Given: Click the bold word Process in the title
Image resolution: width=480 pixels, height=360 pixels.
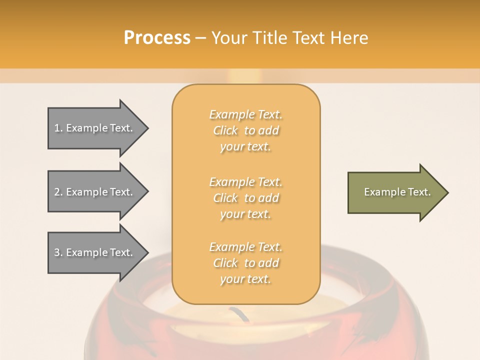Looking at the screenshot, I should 157,38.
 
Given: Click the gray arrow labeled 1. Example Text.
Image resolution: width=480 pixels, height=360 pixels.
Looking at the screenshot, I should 95,128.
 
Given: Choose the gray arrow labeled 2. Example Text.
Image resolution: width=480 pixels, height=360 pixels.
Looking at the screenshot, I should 95,192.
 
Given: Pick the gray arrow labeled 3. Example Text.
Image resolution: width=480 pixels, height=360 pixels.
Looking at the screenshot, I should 95,252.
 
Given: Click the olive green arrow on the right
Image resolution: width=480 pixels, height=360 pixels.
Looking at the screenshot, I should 395,192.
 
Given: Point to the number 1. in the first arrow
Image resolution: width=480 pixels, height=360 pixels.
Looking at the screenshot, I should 58,128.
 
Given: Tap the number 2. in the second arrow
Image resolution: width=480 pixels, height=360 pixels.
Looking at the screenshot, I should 58,192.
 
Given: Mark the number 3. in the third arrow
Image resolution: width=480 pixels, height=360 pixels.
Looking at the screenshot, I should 58,252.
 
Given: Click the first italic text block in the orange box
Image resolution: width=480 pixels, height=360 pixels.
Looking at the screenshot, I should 246,130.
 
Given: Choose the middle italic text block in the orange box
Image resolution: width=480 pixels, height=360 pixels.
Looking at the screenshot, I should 246,198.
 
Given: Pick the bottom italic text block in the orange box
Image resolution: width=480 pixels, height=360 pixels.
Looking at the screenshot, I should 246,263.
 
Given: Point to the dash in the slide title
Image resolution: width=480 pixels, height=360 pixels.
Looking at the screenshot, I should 200,38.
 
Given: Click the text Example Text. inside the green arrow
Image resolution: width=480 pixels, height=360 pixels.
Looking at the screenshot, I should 397,192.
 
